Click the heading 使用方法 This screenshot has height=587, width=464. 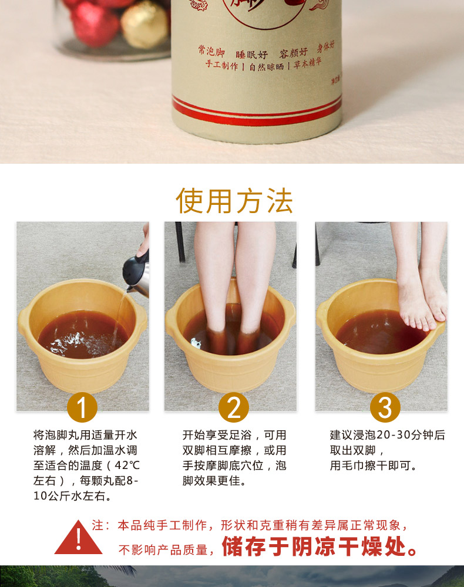[x=234, y=201]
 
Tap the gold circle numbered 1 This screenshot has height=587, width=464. [x=82, y=408]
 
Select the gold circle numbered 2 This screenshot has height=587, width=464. [x=234, y=408]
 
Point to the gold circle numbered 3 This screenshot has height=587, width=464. [x=385, y=408]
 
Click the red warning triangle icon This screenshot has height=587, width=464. [x=78, y=539]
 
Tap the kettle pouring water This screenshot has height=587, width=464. [x=136, y=270]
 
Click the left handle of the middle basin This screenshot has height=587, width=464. [x=172, y=318]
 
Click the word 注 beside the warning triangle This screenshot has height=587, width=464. [x=97, y=525]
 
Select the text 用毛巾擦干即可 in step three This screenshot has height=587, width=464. [x=374, y=465]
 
